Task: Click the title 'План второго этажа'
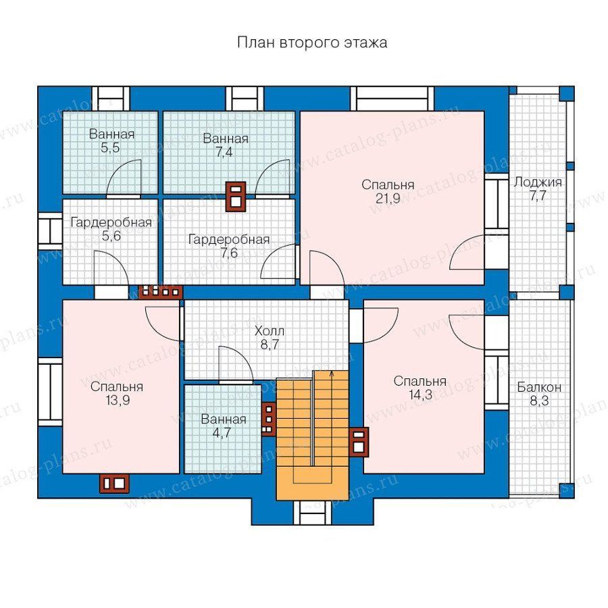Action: click(312, 43)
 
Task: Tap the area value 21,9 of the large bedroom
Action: click(388, 199)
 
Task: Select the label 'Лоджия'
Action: click(538, 182)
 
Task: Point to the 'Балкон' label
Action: click(539, 387)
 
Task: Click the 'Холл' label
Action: click(270, 331)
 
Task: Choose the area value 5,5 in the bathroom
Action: click(111, 148)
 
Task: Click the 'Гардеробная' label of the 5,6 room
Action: click(111, 222)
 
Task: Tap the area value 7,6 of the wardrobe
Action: click(229, 253)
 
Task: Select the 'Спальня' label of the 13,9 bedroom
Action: click(117, 386)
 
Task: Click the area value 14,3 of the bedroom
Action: click(420, 395)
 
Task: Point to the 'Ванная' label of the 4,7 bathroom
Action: click(224, 419)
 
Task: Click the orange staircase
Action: click(313, 435)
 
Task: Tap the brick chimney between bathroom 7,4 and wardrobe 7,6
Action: click(236, 197)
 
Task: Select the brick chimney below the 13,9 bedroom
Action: click(114, 483)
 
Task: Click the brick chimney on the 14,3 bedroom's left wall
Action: click(359, 442)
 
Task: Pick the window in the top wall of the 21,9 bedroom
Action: click(392, 99)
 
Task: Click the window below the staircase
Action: click(312, 513)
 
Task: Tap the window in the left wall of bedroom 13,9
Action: click(50, 392)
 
